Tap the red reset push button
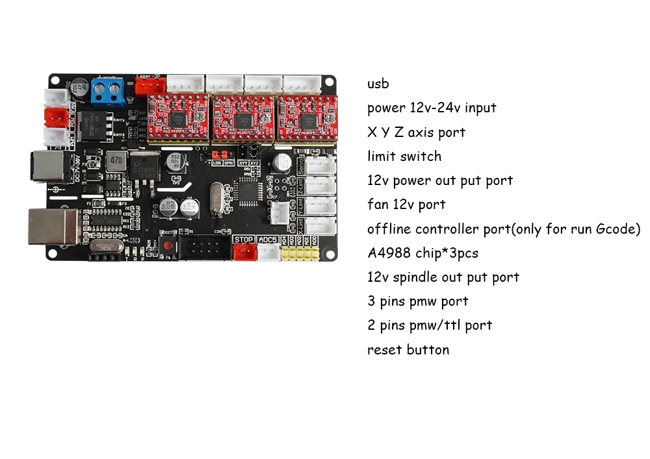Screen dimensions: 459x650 point(169,246)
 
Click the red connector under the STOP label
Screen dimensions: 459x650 point(243,253)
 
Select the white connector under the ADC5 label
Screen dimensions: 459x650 point(267,253)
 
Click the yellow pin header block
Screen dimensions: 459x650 point(299,253)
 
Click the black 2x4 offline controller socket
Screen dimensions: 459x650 point(203,247)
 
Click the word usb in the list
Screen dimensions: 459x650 point(378,84)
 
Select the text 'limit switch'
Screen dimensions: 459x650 point(404,156)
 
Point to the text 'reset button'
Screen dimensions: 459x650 point(408,350)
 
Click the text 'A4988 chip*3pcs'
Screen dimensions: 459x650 point(422,253)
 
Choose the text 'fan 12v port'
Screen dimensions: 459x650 point(406,205)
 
